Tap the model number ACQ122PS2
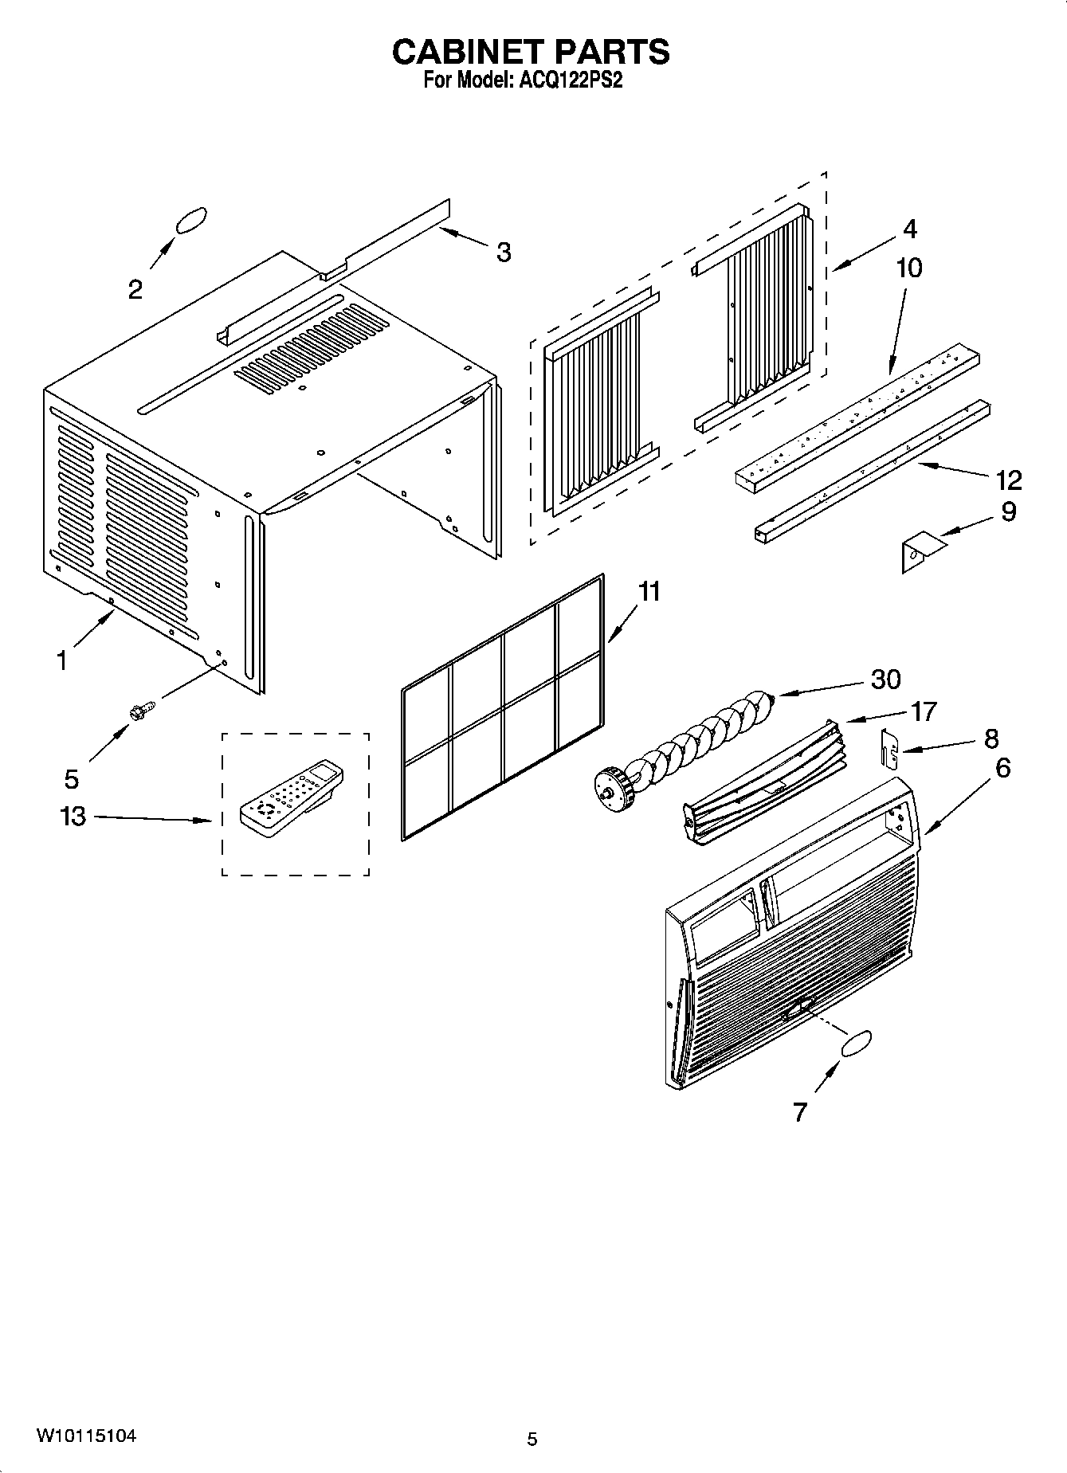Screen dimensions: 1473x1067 click(x=571, y=80)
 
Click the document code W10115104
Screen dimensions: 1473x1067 click(x=86, y=1436)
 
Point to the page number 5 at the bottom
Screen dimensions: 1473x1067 click(x=532, y=1440)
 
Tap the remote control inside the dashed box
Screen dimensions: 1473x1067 click(x=292, y=797)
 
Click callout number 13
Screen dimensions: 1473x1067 click(x=73, y=817)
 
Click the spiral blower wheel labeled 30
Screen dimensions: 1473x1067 click(x=685, y=742)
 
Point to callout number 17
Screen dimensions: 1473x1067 click(x=924, y=711)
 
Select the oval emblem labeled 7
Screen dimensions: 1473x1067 click(x=855, y=1044)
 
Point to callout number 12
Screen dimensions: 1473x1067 click(x=1009, y=480)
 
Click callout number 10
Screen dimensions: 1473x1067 click(x=909, y=268)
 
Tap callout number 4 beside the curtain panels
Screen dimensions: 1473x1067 click(x=910, y=229)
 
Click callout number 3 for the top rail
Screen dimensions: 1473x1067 click(x=503, y=252)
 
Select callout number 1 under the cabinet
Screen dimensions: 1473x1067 click(x=61, y=660)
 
